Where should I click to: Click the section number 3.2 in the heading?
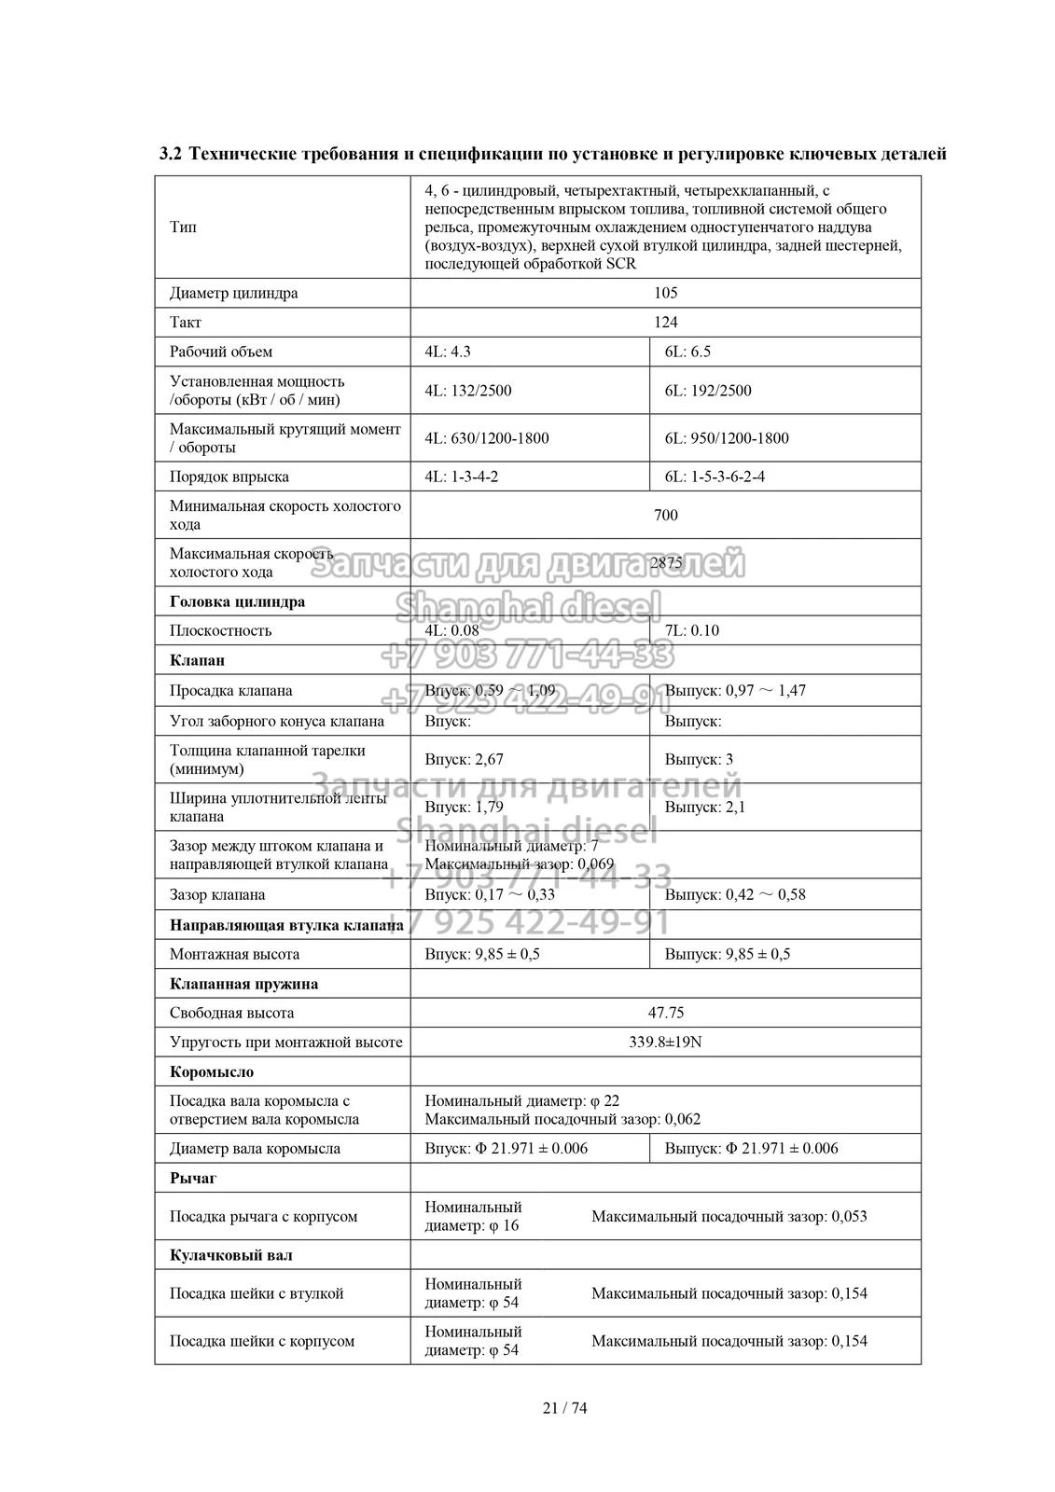tap(172, 154)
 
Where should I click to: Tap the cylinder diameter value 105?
tap(665, 293)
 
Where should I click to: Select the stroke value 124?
tap(665, 323)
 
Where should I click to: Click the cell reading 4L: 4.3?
tap(448, 352)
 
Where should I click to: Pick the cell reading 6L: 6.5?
tap(687, 352)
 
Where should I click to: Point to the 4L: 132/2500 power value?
tap(468, 391)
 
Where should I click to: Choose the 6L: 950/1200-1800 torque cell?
tap(727, 438)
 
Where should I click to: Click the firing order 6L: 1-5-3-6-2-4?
tap(715, 477)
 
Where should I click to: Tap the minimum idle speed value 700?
tap(665, 516)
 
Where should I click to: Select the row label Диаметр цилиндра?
tap(234, 293)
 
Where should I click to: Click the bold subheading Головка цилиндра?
tap(237, 601)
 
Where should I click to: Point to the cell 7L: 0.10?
tap(691, 630)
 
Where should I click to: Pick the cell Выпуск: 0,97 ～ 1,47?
tap(735, 691)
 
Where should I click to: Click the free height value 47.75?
tap(665, 1013)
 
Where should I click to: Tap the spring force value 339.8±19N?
tap(665, 1042)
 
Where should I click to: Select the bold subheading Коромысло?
tap(212, 1072)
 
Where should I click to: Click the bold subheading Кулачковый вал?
tap(231, 1255)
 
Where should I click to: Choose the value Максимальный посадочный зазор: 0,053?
tap(729, 1216)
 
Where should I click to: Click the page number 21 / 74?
tap(565, 1408)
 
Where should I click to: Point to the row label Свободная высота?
tap(231, 1013)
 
